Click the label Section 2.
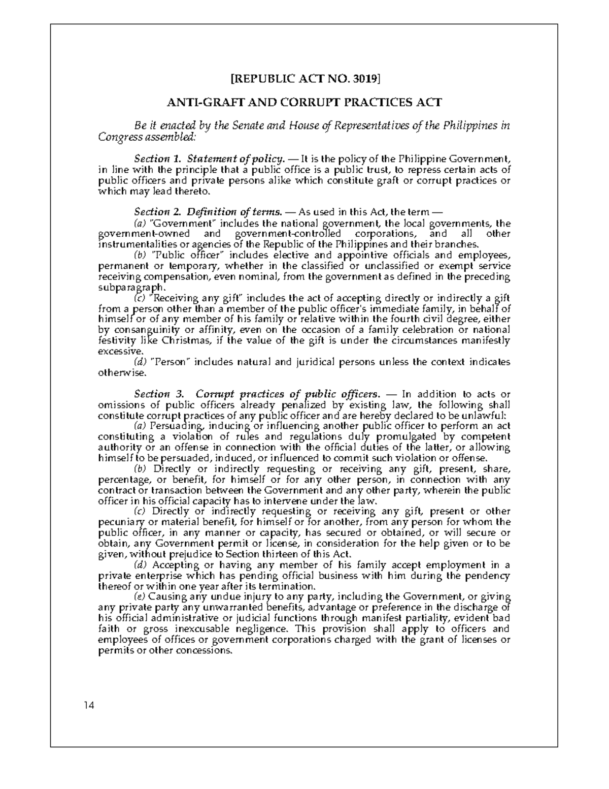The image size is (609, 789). [153, 212]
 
